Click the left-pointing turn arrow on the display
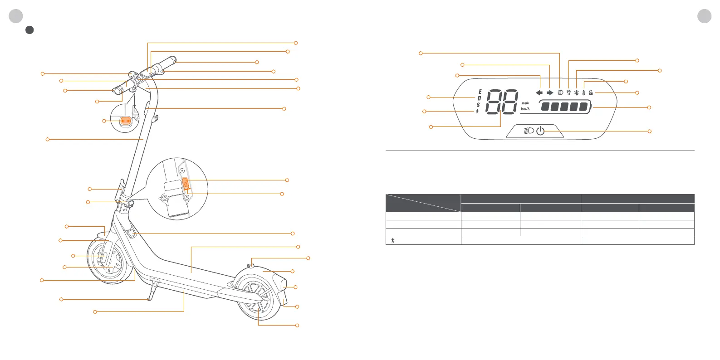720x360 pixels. tap(539, 92)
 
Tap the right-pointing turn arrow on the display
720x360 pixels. tap(550, 92)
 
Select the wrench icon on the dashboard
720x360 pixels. tap(568, 92)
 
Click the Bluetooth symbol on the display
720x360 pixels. tap(577, 92)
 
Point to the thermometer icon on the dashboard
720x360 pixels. tap(584, 92)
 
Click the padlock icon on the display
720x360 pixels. tap(591, 92)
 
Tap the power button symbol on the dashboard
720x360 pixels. tap(540, 131)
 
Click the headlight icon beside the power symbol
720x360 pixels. tap(529, 131)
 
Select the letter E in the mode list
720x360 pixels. tap(480, 92)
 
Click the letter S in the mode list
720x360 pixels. tap(478, 105)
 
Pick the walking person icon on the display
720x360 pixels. tap(477, 112)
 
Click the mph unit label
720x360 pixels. tap(525, 103)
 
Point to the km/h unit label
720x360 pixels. tap(525, 109)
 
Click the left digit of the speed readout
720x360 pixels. tap(494, 102)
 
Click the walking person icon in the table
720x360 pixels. tap(392, 240)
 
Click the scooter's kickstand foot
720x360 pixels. tap(149, 299)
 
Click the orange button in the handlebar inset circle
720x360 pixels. tap(125, 121)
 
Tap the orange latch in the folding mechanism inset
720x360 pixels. tap(185, 183)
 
